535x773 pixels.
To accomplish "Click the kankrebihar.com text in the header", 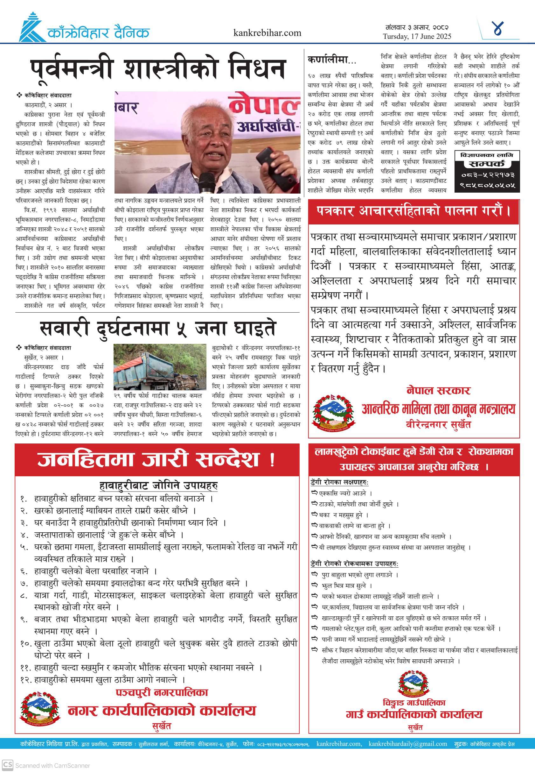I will (x=267, y=33).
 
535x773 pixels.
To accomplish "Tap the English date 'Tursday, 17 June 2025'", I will (x=417, y=36).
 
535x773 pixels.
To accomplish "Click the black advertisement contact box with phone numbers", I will (x=487, y=171).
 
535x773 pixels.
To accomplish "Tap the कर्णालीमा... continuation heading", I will (x=332, y=60).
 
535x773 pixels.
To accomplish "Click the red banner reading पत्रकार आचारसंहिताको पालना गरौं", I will (x=413, y=211).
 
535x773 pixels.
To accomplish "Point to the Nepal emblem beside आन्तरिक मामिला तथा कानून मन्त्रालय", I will (x=333, y=412).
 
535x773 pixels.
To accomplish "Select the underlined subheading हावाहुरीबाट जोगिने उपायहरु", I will (x=158, y=486).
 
